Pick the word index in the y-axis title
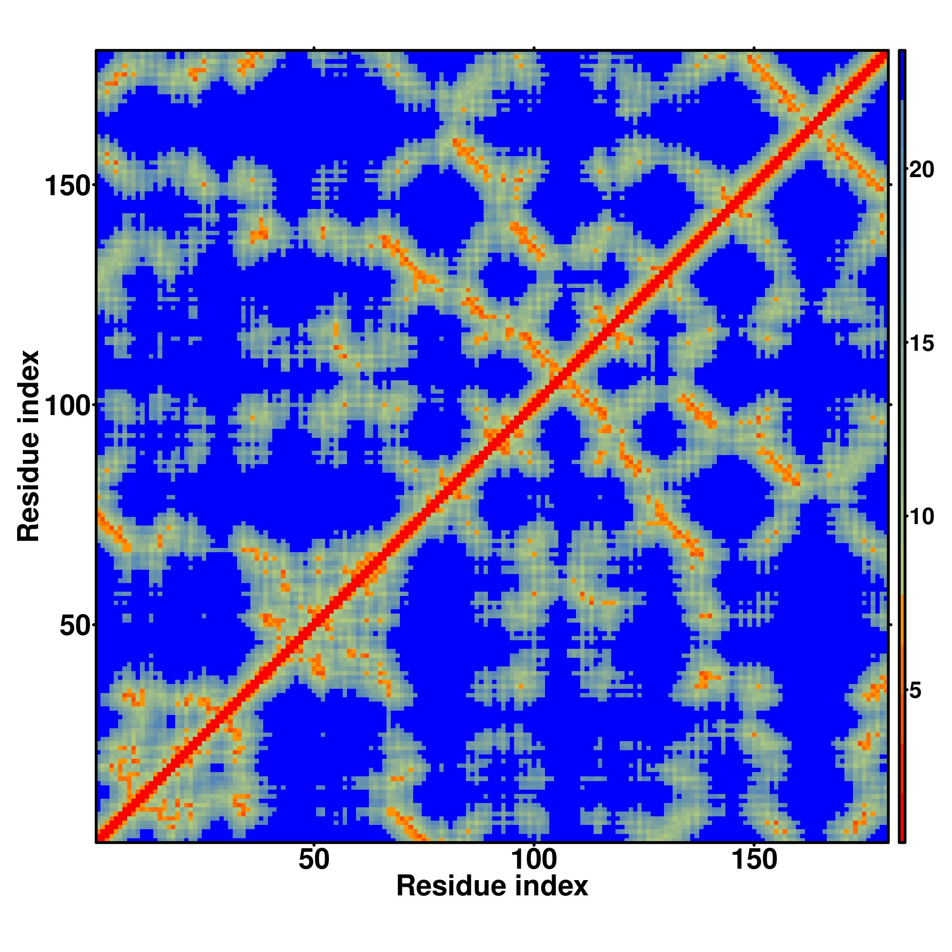coord(28,387)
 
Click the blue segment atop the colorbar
coord(902,74)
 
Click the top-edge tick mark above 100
coord(534,48)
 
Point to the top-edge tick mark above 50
coord(314,48)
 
